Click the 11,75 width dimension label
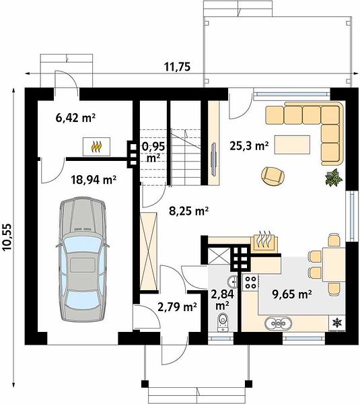(178, 67)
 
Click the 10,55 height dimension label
(7, 237)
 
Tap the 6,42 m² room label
(75, 119)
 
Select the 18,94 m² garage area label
(94, 180)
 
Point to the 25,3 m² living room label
(249, 146)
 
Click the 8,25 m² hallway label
(189, 211)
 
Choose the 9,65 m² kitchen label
(293, 294)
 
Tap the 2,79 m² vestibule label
(177, 307)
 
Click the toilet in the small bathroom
(222, 322)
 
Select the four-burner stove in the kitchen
(250, 282)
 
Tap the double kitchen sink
(279, 323)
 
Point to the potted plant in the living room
(334, 178)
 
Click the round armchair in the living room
(273, 176)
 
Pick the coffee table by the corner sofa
(292, 145)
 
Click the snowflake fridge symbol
(336, 323)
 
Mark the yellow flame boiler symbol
(97, 147)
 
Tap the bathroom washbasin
(233, 281)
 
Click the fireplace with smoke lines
(264, 242)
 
